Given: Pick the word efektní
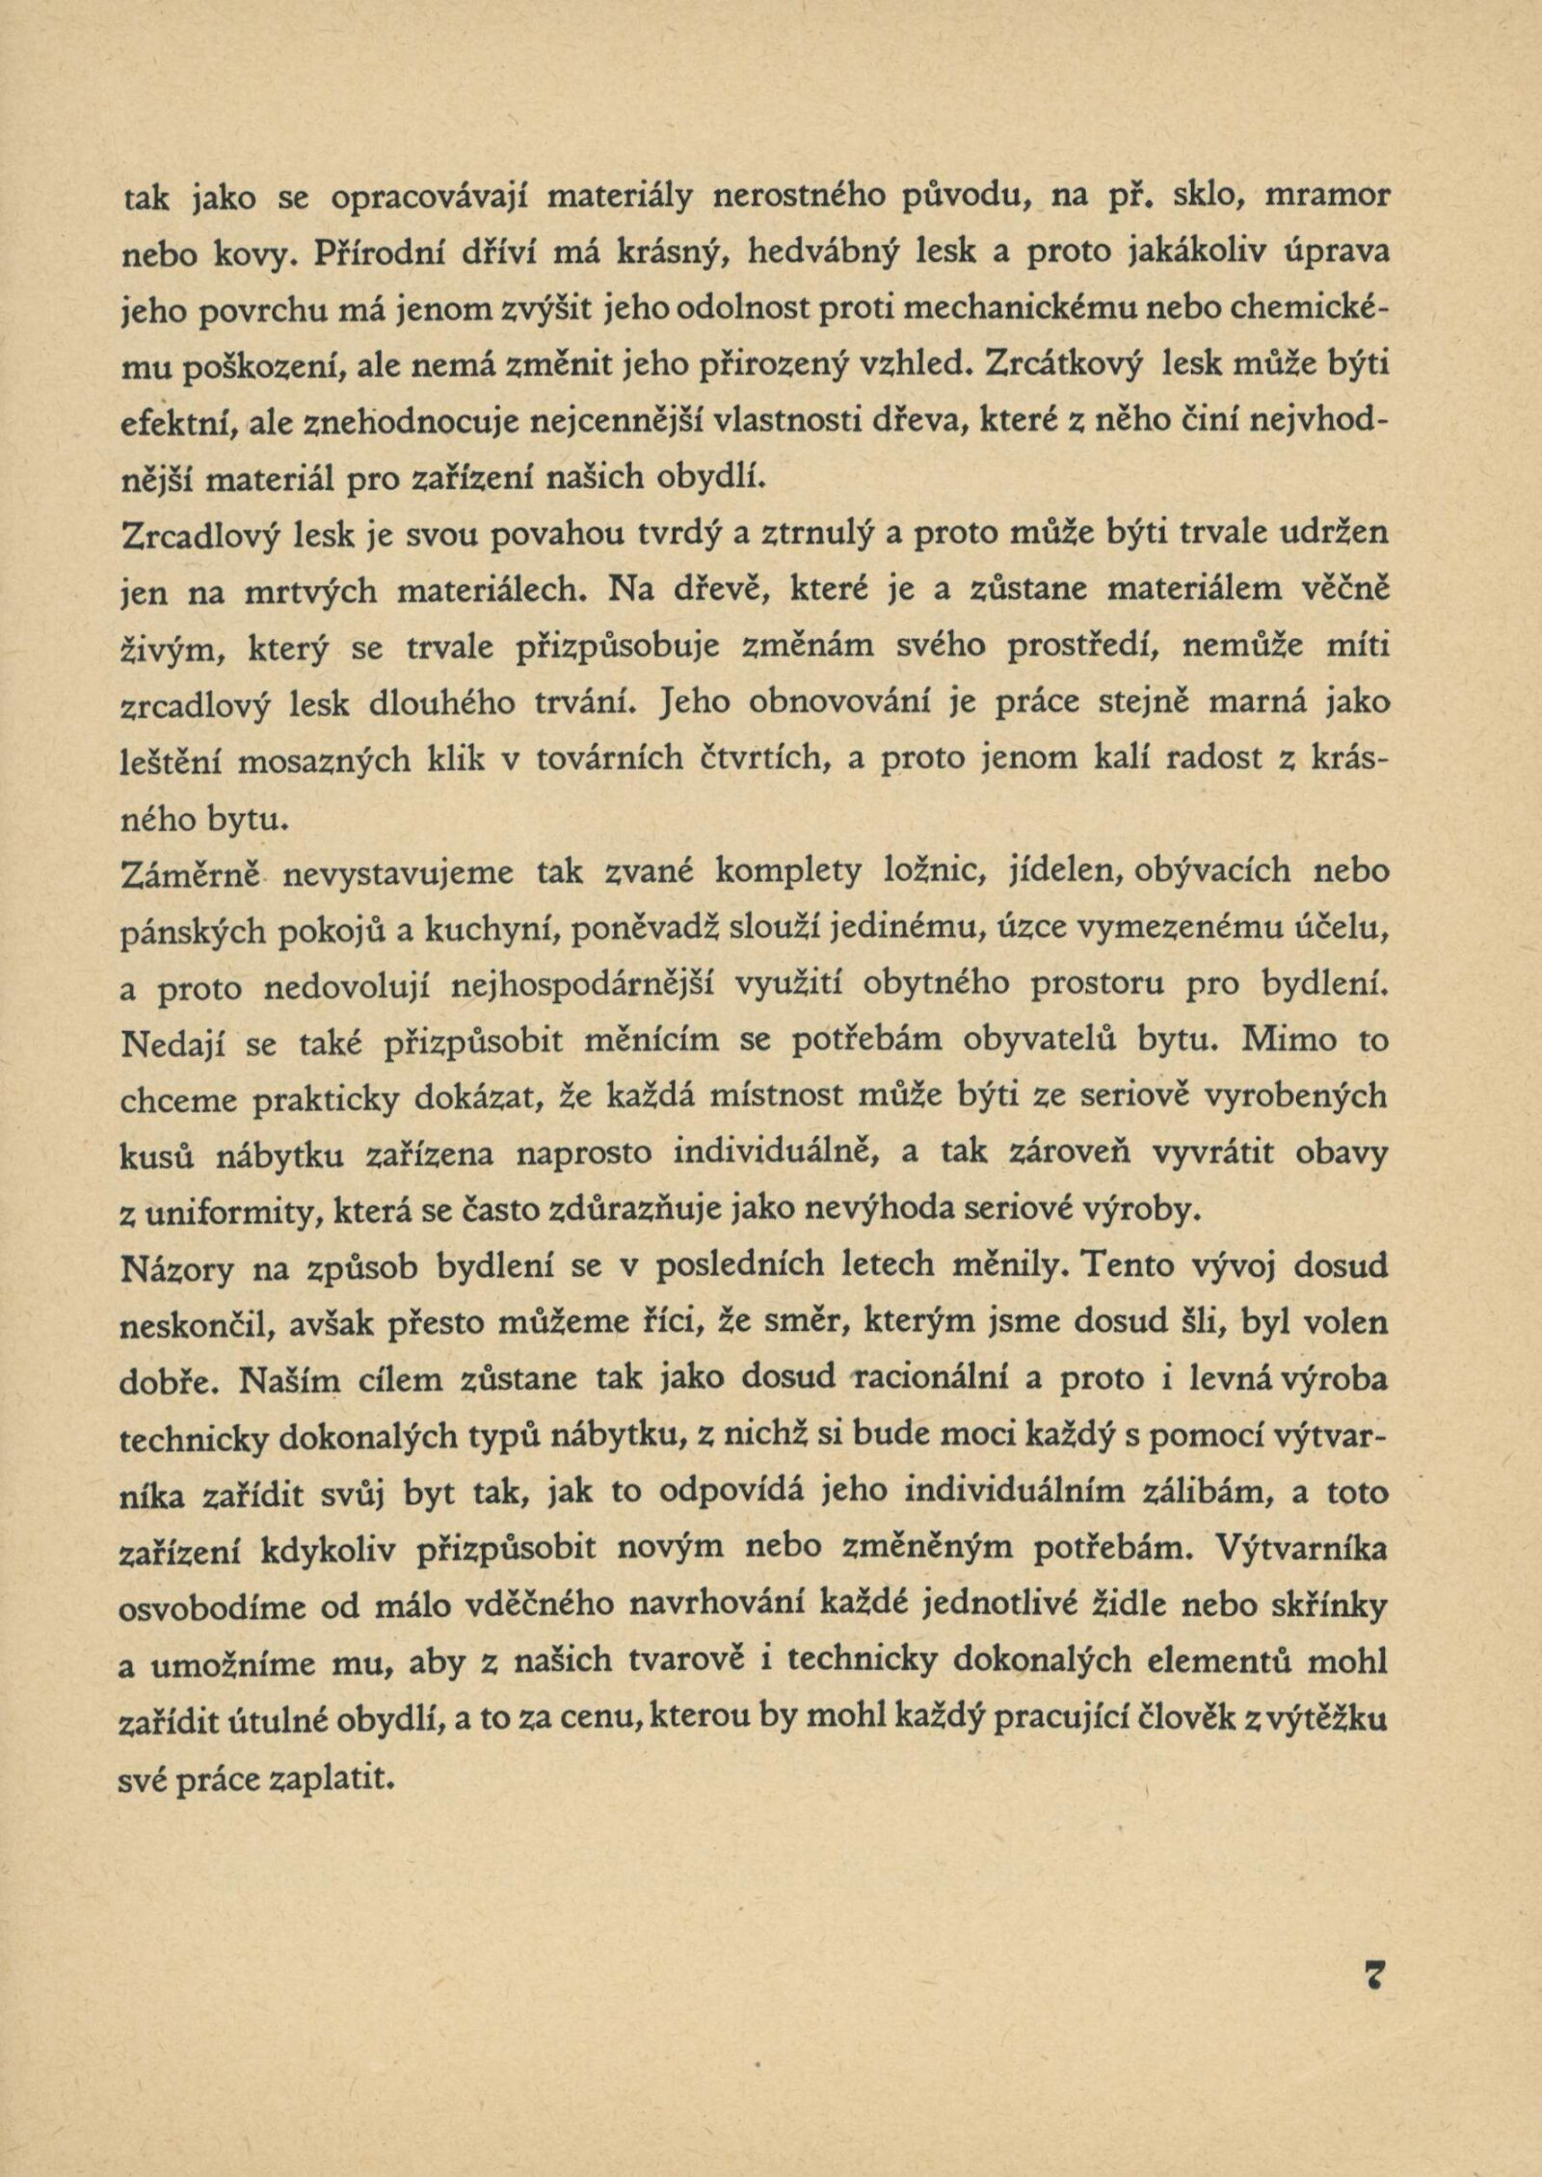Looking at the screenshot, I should click(x=180, y=421).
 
